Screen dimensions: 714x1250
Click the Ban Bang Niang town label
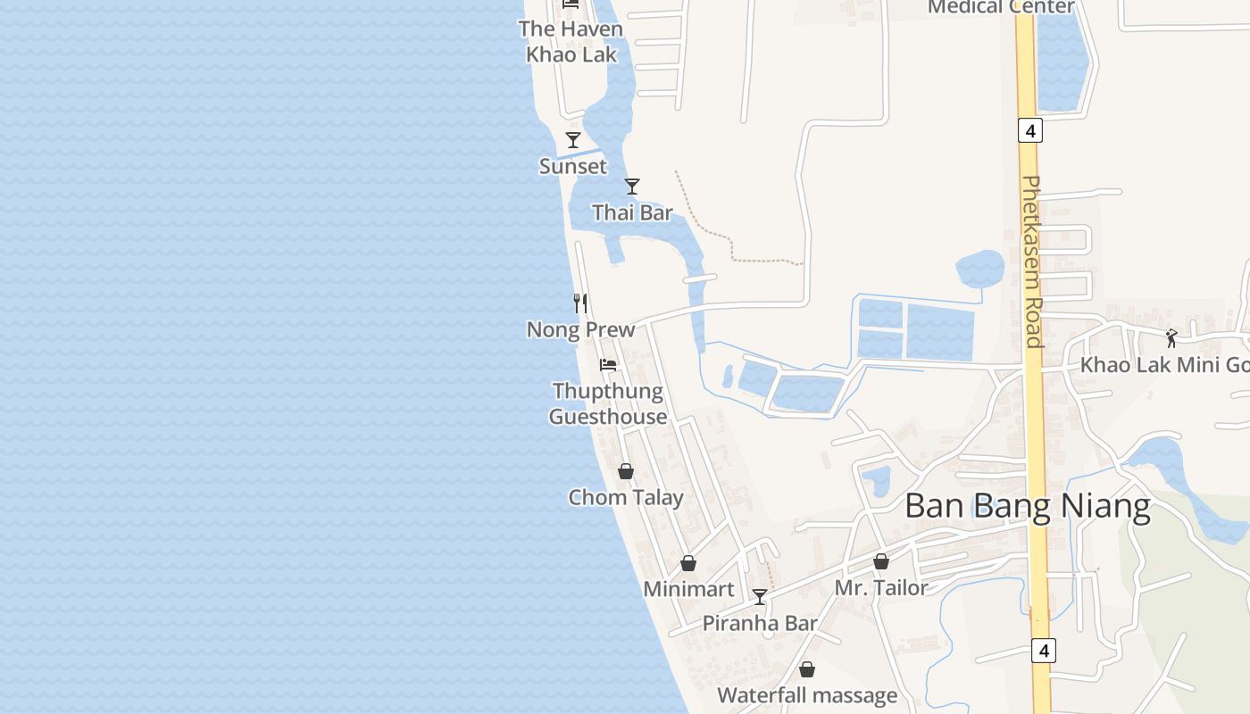pos(1027,506)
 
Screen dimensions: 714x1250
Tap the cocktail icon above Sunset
pos(573,140)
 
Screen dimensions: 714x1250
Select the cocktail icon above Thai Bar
pos(632,186)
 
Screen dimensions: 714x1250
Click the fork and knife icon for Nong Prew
pos(580,303)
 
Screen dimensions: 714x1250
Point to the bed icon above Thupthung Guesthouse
pos(608,364)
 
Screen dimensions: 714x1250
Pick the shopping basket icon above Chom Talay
pos(626,471)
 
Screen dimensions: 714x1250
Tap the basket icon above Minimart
pos(688,563)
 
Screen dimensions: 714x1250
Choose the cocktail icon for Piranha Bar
pos(760,596)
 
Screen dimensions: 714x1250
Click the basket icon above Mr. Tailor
pos(881,561)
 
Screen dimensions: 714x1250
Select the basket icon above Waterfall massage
pos(807,669)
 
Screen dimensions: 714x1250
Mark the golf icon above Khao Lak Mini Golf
pos(1171,338)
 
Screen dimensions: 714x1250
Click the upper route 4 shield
pos(1030,131)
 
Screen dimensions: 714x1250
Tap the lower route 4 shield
pos(1043,651)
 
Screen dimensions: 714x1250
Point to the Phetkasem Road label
pos(1032,261)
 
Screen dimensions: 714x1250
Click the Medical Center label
pos(1001,7)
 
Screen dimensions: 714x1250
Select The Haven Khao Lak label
pos(571,41)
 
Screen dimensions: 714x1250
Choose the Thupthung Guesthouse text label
pos(608,403)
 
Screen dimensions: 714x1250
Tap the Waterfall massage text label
pos(807,695)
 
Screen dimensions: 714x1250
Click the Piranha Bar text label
pos(760,623)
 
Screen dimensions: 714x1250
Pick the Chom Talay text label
pos(626,497)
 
